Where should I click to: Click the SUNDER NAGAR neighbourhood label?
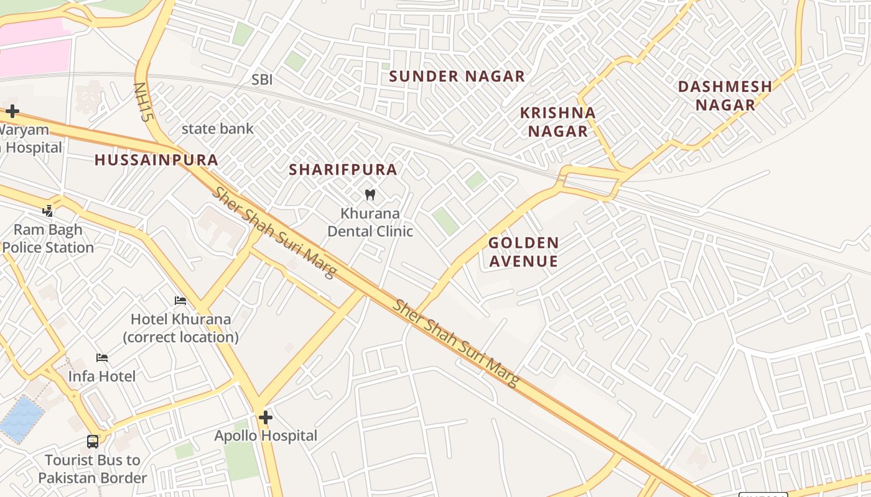tap(457, 76)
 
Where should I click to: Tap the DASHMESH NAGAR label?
tap(725, 96)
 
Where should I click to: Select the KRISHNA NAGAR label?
tap(557, 122)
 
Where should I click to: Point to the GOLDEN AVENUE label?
tap(523, 252)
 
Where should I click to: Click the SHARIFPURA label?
tap(343, 170)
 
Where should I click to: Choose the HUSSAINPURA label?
tap(156, 160)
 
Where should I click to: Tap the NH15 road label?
tap(143, 102)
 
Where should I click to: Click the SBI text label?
tap(262, 80)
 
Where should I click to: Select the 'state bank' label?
tap(217, 129)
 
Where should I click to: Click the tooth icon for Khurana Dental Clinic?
tap(370, 194)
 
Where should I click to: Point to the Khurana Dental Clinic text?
tap(370, 222)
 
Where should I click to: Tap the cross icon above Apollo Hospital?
tap(266, 417)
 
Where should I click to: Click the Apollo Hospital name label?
tap(266, 436)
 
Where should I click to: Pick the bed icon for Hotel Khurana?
tap(180, 301)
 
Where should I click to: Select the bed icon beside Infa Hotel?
tap(102, 358)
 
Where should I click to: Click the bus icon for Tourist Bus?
tap(93, 442)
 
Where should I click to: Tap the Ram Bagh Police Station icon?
tap(48, 211)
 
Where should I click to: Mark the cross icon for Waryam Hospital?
tap(12, 112)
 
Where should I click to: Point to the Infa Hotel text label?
tap(101, 376)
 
